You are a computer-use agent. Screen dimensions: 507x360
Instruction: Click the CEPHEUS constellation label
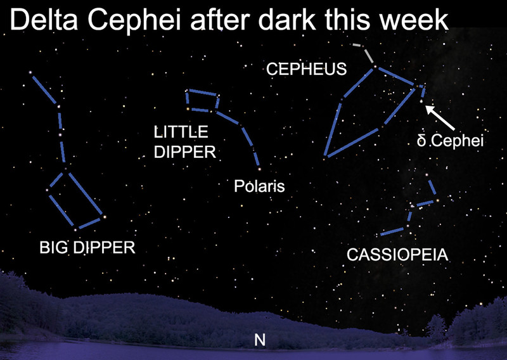point(306,69)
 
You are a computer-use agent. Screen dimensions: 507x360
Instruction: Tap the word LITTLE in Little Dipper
point(181,132)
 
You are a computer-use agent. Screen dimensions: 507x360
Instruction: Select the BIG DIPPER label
point(87,247)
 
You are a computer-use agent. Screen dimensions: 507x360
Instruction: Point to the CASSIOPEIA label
point(397,255)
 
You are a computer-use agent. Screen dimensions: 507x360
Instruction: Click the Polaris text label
point(259,186)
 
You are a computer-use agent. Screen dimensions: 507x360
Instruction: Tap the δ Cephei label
point(450,141)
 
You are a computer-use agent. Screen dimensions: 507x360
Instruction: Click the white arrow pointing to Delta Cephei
point(440,118)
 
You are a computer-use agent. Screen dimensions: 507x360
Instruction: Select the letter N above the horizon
point(260,340)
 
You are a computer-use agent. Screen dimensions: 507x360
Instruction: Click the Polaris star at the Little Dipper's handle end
point(259,169)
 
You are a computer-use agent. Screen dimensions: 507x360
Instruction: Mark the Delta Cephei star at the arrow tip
point(421,101)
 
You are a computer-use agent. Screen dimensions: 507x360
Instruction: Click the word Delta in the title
point(44,20)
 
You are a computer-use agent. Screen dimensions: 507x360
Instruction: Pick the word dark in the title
point(286,20)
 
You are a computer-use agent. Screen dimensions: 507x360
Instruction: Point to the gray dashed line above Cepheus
point(364,52)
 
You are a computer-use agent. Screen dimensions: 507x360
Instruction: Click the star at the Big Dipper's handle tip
point(30,72)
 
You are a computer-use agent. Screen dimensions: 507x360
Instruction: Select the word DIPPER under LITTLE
point(184,152)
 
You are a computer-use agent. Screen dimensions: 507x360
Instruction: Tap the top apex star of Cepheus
point(375,67)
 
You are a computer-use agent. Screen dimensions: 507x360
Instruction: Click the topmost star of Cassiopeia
point(427,175)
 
